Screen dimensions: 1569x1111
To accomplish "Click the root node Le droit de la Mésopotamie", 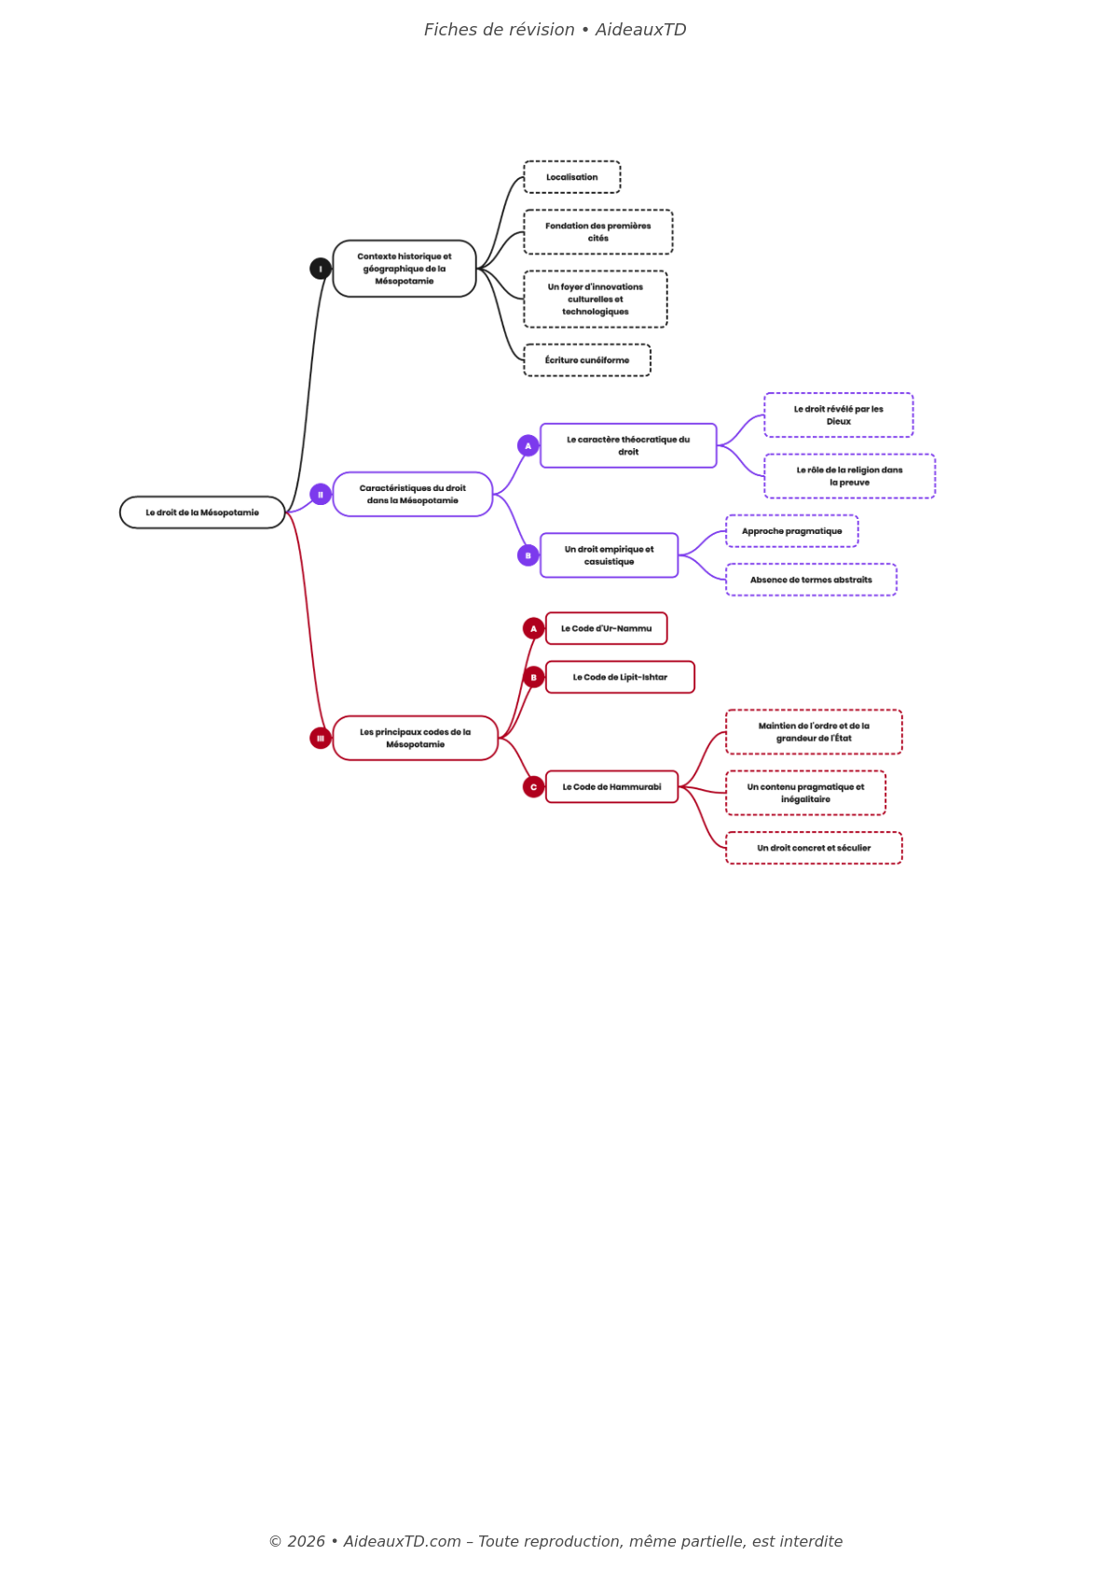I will [x=202, y=512].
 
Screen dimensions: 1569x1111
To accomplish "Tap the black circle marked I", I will [x=321, y=268].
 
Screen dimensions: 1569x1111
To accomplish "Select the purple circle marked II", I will [x=321, y=495].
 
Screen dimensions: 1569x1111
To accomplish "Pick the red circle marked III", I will [x=321, y=738].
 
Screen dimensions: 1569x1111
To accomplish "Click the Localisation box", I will [x=571, y=177].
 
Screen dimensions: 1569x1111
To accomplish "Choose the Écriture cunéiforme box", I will [x=586, y=361].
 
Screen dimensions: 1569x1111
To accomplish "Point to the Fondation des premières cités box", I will [x=597, y=232].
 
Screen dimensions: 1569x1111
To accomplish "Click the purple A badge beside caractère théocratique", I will [x=528, y=445].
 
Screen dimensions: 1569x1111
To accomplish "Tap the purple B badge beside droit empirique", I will [x=528, y=555].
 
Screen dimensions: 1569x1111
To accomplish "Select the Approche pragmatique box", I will [x=791, y=531].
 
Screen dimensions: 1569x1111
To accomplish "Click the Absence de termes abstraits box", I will [x=811, y=580].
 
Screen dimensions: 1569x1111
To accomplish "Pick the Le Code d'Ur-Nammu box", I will [x=606, y=629].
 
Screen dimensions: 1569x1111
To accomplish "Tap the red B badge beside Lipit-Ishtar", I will [x=533, y=677].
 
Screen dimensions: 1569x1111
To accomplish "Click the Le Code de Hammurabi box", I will [x=611, y=787].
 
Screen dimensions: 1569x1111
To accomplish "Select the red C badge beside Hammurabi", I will [x=533, y=787].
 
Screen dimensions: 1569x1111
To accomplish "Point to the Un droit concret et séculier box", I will [x=814, y=848].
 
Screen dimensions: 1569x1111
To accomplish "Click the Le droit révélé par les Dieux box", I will [x=838, y=416].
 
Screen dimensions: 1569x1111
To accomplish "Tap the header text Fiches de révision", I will [x=500, y=30].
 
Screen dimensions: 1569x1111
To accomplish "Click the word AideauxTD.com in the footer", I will [x=402, y=1541].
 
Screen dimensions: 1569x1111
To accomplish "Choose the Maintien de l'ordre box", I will [x=814, y=732].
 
